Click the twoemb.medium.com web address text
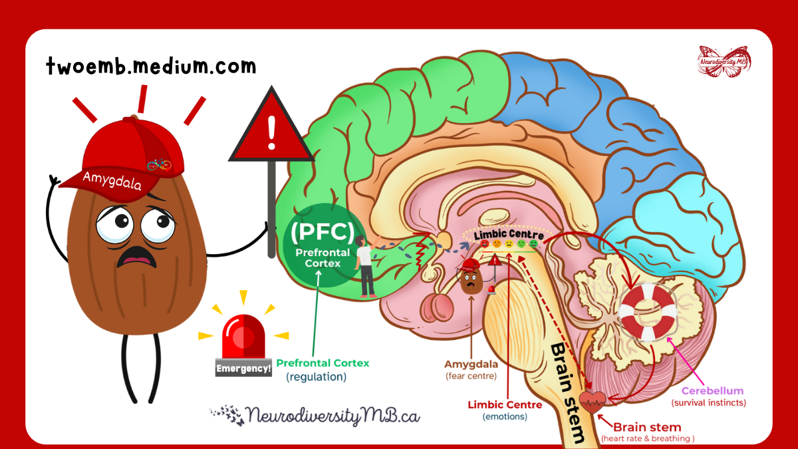pos(151,67)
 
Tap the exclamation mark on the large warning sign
pos(271,132)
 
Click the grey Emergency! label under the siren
pos(243,368)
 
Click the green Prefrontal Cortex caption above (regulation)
pos(323,363)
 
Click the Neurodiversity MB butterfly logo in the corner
pos(724,61)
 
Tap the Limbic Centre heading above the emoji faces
pos(509,235)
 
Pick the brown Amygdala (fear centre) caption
pos(471,364)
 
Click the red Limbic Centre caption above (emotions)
pos(505,404)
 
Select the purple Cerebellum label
pos(712,390)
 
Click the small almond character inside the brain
pos(471,279)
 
